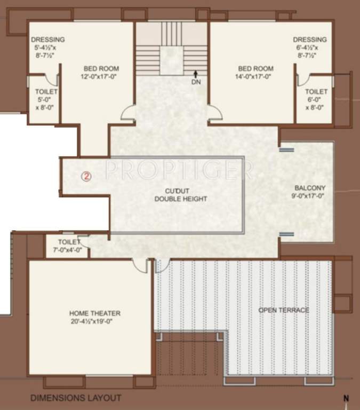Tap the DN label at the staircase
[196, 82]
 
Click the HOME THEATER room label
[94, 313]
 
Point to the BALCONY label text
[310, 188]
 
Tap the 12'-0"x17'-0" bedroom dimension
[101, 76]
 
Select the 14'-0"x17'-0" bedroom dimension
[255, 76]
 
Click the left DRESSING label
[47, 40]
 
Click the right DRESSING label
[310, 40]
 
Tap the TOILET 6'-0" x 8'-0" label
[316, 99]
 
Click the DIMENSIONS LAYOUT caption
[75, 398]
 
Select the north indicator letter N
[345, 398]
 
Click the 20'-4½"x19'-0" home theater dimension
[94, 321]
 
